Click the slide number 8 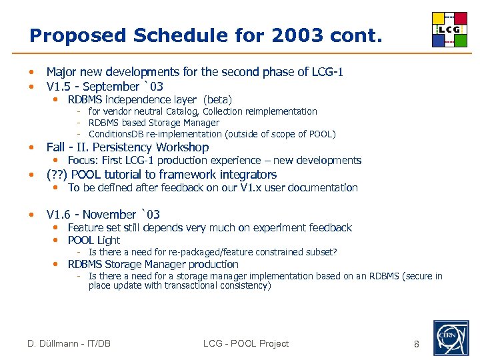click(416, 344)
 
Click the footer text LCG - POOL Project click(246, 344)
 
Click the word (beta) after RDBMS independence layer click(217, 100)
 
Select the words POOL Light click(94, 240)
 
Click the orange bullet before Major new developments click(31, 72)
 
